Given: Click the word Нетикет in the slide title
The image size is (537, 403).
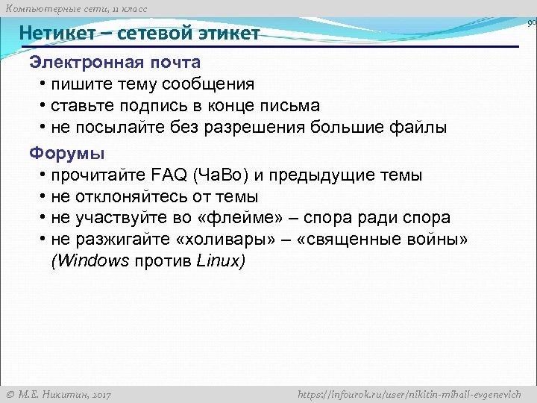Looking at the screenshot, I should click(58, 34).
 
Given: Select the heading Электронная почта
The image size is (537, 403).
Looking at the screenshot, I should click(115, 61).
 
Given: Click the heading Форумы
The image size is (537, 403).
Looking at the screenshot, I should click(67, 154).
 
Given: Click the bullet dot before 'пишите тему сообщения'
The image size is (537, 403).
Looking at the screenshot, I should click(44, 84).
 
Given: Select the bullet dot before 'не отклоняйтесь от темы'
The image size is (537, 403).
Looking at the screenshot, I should click(44, 197).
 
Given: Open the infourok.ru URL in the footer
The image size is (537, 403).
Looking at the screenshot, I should click(413, 394).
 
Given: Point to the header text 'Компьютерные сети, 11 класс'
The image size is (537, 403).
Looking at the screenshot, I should click(75, 8).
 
